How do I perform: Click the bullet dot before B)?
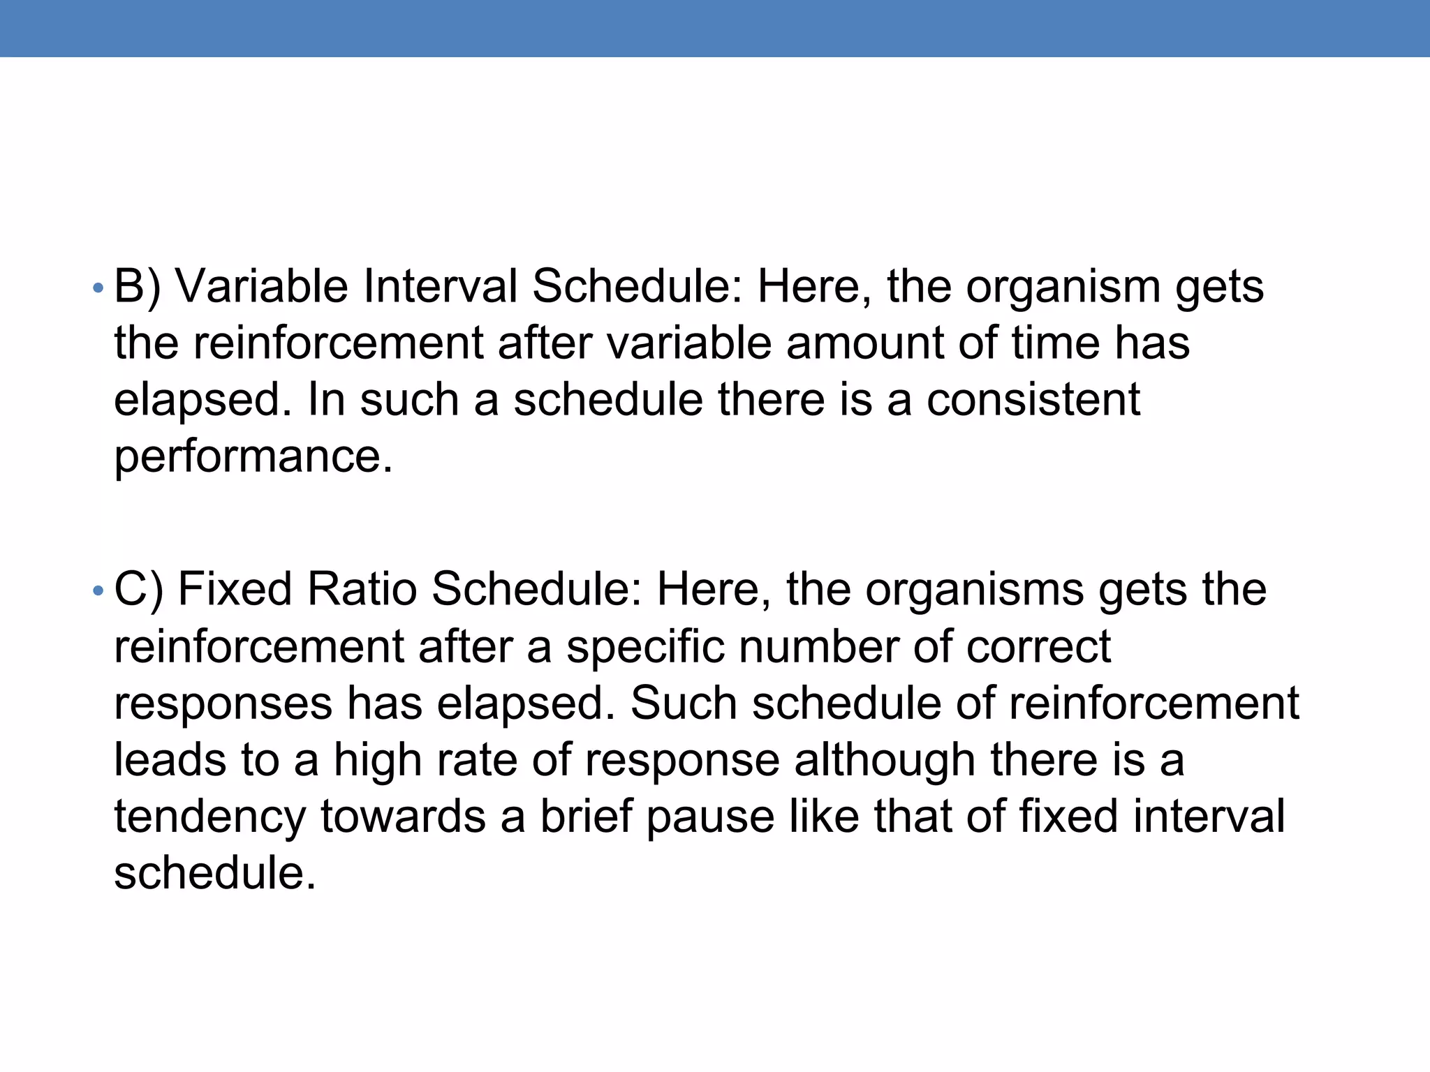click(98, 289)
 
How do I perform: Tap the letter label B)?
click(138, 287)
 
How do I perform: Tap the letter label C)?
click(138, 590)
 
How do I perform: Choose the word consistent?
click(1033, 400)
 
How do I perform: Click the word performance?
click(253, 458)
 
